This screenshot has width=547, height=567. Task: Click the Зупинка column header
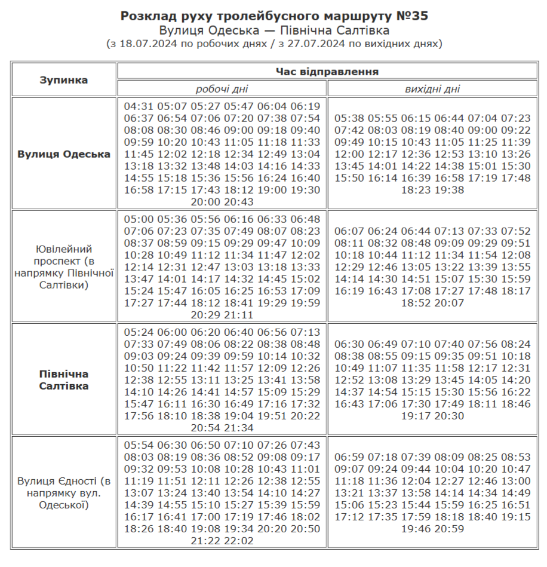[x=64, y=80]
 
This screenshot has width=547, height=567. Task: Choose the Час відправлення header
[x=327, y=72]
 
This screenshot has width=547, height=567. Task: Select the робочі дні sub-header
[x=222, y=89]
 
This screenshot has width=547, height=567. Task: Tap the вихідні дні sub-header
[x=432, y=89]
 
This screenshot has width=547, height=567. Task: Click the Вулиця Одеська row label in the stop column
[x=64, y=154]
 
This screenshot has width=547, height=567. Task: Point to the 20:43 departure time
[x=239, y=202]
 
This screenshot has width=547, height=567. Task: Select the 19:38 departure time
[x=449, y=190]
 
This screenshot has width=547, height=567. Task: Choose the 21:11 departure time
[x=239, y=315]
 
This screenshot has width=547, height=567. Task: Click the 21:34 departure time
[x=239, y=428]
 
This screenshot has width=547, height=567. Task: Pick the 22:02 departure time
[x=239, y=541]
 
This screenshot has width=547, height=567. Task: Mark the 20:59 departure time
[x=449, y=529]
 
